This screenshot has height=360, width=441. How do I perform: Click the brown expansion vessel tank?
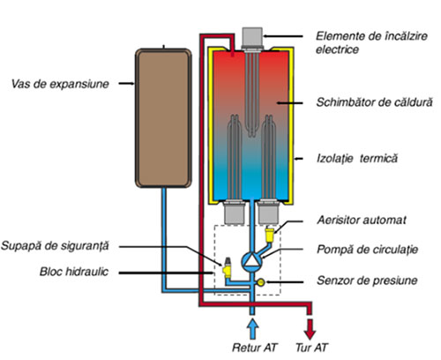163,118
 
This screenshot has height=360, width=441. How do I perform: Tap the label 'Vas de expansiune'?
60,84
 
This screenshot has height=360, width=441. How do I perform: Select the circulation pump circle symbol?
251,260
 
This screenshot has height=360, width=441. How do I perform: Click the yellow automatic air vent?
269,235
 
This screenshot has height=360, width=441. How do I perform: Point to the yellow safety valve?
227,268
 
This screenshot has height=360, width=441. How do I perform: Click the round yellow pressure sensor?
261,282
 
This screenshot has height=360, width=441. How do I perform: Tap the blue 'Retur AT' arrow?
252,329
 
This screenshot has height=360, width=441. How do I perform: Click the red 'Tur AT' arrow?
310,329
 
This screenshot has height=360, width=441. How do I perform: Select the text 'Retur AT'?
254,348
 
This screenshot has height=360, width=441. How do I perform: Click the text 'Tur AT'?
311,348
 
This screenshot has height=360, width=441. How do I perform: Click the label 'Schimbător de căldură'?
374,102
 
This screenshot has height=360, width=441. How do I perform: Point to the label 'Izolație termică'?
357,159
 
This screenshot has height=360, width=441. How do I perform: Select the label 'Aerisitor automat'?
362,220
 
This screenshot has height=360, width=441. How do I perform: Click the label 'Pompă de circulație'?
367,250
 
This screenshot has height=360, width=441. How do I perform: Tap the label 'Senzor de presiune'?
367,281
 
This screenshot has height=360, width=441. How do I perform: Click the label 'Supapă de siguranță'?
55,246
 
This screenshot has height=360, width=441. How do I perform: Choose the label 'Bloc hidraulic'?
74,272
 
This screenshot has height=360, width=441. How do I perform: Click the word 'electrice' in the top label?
337,49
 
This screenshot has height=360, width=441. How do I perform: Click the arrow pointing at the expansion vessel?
127,84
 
